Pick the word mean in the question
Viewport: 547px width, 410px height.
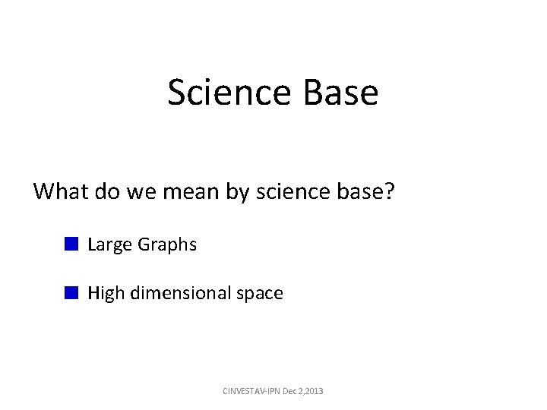point(192,191)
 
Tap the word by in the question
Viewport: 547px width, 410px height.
point(239,192)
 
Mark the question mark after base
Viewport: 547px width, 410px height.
point(390,191)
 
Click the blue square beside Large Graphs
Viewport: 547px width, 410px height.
point(71,244)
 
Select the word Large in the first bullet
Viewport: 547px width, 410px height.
point(109,245)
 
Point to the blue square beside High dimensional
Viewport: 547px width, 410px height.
point(71,292)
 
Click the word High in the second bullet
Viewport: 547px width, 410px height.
point(106,294)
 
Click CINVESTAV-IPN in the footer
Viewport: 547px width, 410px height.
point(250,391)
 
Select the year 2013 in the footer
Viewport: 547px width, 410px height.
point(312,391)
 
